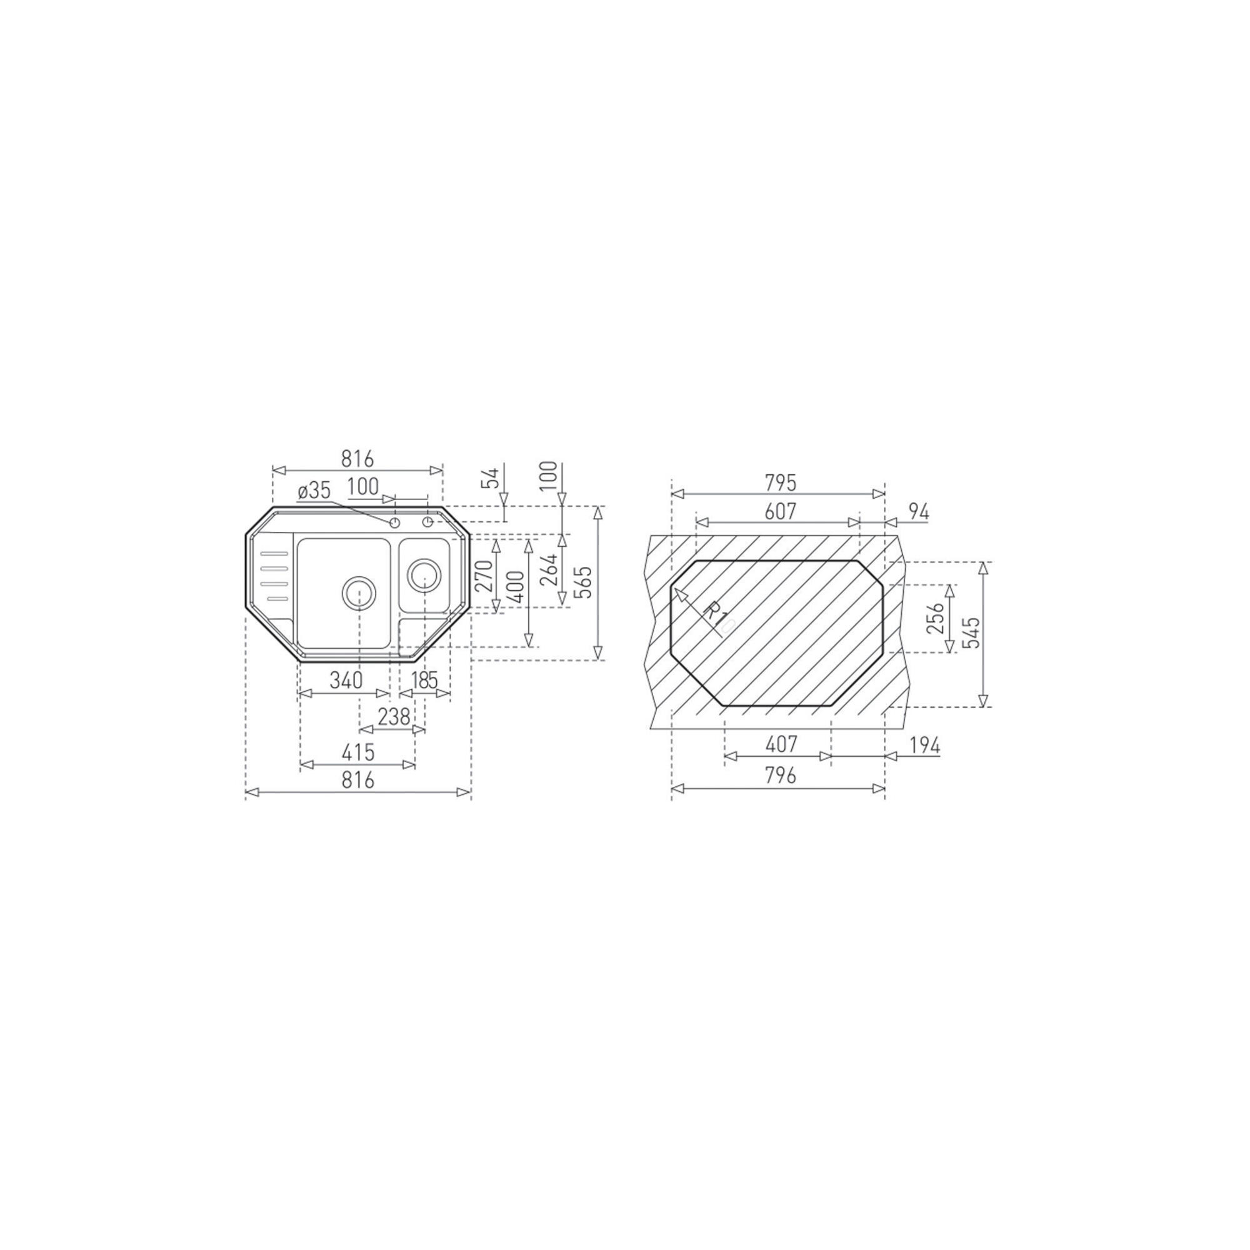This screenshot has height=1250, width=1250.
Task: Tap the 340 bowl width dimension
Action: coord(346,680)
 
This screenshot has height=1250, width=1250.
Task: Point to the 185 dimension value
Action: coord(424,680)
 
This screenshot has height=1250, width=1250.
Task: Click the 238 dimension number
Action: coord(394,716)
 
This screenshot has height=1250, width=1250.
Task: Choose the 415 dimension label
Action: coord(357,752)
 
